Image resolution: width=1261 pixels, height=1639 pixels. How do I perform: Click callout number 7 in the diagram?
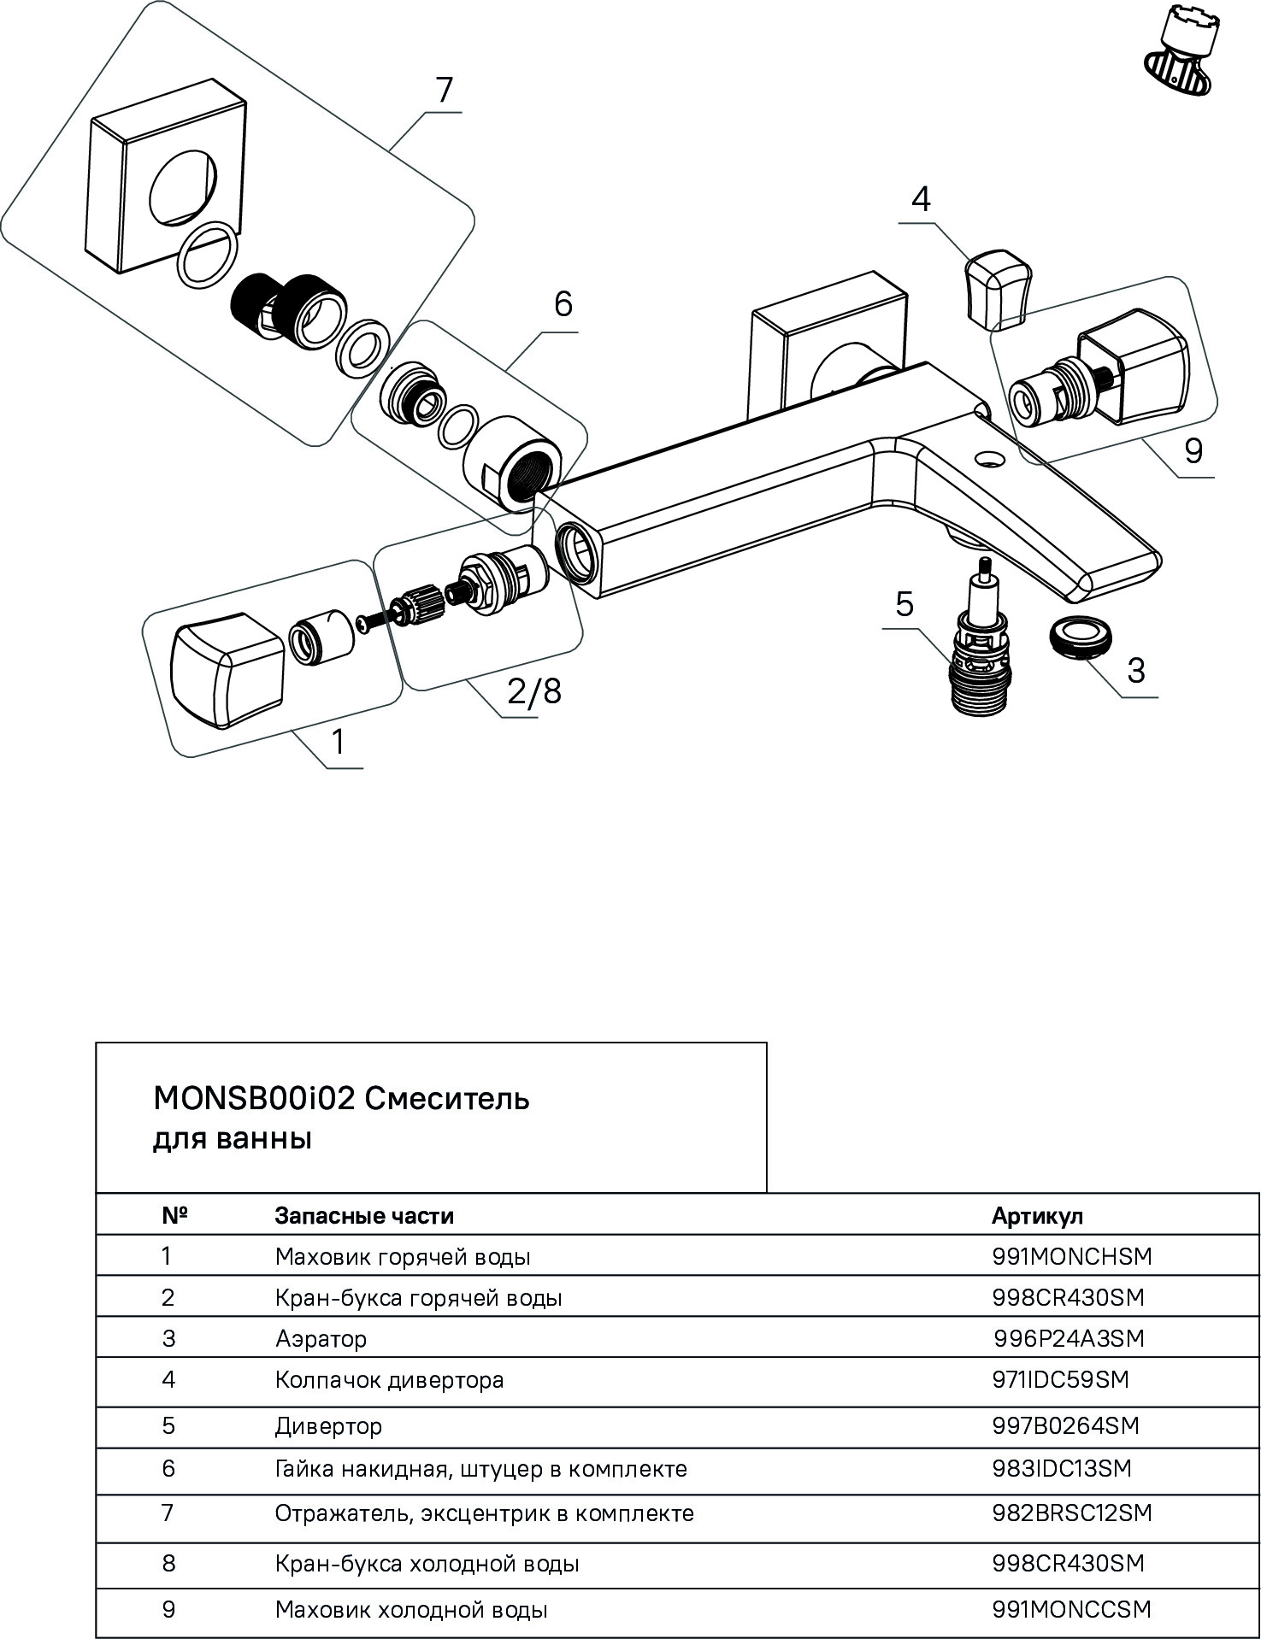tap(445, 91)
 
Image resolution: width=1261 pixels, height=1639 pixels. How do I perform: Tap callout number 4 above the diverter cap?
tap(921, 199)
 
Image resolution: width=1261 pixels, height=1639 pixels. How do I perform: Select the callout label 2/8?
tap(534, 690)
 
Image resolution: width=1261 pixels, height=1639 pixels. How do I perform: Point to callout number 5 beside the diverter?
tap(905, 604)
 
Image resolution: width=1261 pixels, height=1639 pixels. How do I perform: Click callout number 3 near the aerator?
tap(1135, 671)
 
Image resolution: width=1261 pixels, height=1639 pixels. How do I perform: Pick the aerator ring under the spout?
tap(1081, 638)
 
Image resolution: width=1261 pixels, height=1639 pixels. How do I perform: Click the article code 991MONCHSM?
tap(1072, 1256)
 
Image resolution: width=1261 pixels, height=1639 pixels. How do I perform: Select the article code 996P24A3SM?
tap(1069, 1338)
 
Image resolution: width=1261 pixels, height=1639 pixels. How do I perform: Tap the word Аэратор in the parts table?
tap(321, 1338)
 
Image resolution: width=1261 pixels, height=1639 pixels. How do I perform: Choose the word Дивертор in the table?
tap(328, 1426)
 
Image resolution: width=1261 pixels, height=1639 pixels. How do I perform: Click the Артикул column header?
tap(1037, 1215)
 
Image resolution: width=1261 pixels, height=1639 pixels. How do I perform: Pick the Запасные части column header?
tap(364, 1215)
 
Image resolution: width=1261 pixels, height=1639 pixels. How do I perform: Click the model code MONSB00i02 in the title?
tap(253, 1099)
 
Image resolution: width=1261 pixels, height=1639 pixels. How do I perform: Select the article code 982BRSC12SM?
tap(1072, 1513)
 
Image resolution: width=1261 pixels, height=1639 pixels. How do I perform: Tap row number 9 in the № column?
tap(168, 1610)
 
